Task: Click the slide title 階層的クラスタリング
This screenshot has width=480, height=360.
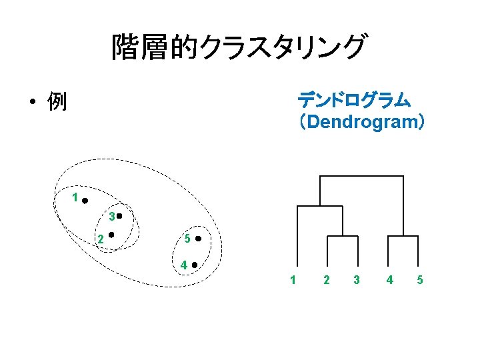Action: pos(239,47)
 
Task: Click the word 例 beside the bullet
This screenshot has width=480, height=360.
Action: pos(57,102)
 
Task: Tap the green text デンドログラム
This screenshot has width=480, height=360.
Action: pos(354,101)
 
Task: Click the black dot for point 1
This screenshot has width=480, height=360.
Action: pos(85,199)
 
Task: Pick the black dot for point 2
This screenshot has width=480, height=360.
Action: pos(111,234)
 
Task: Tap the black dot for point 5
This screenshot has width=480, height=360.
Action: pos(199,239)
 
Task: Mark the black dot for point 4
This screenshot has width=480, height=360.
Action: pos(194,265)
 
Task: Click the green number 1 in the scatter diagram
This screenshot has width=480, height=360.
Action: pos(75,197)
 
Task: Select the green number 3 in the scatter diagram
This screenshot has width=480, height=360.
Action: pos(111,217)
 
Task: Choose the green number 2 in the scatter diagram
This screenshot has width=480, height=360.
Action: pos(100,239)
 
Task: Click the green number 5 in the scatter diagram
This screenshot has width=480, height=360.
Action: pos(188,239)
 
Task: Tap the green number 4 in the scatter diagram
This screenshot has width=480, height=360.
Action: pos(183,265)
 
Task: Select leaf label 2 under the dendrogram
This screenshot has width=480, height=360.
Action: pos(325,279)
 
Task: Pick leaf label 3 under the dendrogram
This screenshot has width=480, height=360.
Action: pos(357,279)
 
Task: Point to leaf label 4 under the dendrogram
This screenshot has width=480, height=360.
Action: pos(389,279)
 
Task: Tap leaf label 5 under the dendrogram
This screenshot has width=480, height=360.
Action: pos(420,279)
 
